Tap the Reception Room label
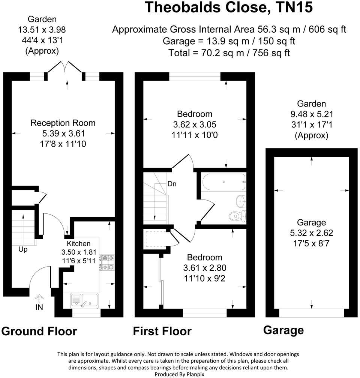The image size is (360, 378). click(x=63, y=123)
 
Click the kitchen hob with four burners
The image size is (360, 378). click(x=107, y=262)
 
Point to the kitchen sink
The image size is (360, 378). click(x=84, y=300)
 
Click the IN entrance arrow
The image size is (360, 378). click(x=39, y=300)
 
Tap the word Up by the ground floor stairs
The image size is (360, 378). click(x=23, y=249)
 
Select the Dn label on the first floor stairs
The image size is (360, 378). click(x=172, y=184)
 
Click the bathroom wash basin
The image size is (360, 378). click(x=240, y=201)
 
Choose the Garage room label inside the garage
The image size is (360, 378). click(x=311, y=223)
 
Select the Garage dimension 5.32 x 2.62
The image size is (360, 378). click(x=311, y=233)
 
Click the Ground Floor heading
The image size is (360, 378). click(x=39, y=331)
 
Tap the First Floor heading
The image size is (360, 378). click(x=162, y=331)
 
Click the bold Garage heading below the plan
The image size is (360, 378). click(x=283, y=330)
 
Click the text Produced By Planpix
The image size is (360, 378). click(x=178, y=374)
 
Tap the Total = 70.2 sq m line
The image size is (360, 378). click(x=229, y=52)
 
